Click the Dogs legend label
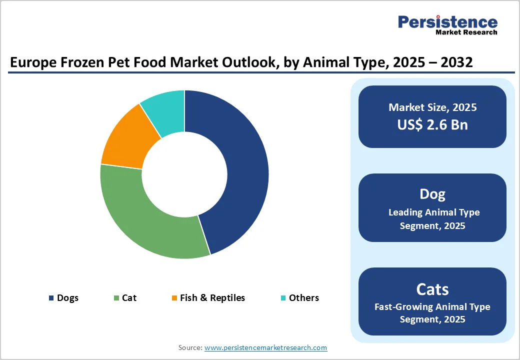click(67, 298)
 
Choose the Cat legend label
click(129, 298)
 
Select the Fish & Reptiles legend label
click(212, 298)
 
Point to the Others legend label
click(303, 298)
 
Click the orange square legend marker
click(174, 298)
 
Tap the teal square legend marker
click(283, 298)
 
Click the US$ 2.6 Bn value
click(432, 124)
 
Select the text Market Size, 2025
click(432, 107)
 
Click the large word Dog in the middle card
click(432, 194)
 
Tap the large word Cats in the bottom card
click(432, 289)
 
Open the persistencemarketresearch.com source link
click(265, 347)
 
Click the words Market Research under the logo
click(466, 32)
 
